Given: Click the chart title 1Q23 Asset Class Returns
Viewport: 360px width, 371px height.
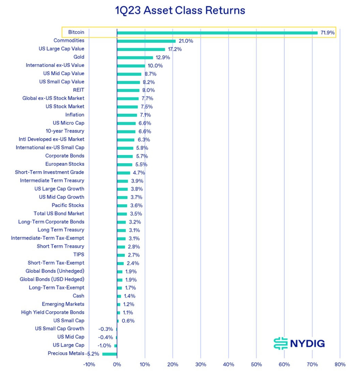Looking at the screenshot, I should click(x=180, y=10).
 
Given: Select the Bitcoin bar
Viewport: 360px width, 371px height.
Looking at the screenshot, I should click(x=217, y=32).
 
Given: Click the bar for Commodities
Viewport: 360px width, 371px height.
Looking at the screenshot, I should click(x=146, y=41).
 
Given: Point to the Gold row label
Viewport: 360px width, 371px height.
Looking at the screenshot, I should click(x=78, y=57).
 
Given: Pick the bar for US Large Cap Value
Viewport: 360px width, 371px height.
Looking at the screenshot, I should click(x=141, y=49).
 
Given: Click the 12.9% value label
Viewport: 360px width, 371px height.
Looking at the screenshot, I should click(x=162, y=57).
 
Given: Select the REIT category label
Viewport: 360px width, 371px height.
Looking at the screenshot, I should click(x=78, y=90).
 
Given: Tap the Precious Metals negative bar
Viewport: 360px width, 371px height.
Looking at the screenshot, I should click(x=110, y=353).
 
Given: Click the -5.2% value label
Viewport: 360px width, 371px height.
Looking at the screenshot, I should click(x=94, y=353).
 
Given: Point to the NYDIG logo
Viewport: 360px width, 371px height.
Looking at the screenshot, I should click(x=299, y=343).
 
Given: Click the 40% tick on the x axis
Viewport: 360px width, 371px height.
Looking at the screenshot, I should click(x=229, y=364).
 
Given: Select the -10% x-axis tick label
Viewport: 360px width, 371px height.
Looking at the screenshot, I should click(x=89, y=364).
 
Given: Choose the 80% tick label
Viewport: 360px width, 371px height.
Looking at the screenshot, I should click(x=340, y=364).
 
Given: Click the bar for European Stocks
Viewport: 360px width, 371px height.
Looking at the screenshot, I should click(x=125, y=164).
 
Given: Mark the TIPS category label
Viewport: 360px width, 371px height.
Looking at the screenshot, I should click(x=78, y=254).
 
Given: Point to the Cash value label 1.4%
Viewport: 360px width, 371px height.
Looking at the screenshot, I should click(x=129, y=296).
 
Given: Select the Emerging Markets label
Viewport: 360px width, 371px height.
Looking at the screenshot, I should click(x=63, y=304).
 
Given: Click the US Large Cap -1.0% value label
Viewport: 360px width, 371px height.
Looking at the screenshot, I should click(x=104, y=346).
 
